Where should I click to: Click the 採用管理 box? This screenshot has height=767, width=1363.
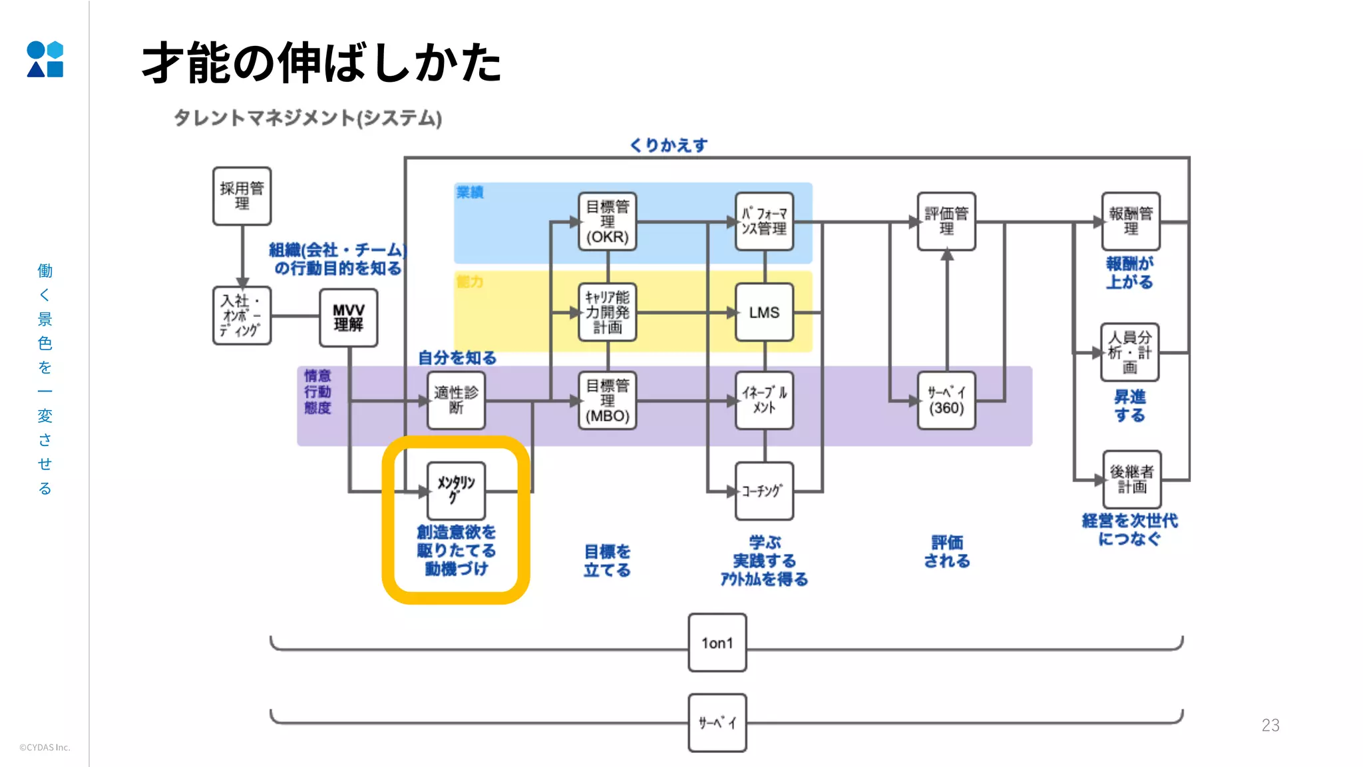click(x=242, y=196)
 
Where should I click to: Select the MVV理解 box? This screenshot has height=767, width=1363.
click(x=348, y=318)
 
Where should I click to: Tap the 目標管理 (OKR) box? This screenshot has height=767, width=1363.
click(x=607, y=222)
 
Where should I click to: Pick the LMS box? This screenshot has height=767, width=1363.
click(x=764, y=312)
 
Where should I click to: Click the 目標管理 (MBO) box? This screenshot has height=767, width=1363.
click(x=607, y=400)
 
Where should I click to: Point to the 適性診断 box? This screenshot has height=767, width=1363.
click(x=456, y=400)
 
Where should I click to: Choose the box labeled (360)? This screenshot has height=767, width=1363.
click(x=946, y=400)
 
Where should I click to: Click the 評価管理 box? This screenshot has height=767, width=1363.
click(x=946, y=222)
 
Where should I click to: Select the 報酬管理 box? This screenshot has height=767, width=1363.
click(x=1131, y=222)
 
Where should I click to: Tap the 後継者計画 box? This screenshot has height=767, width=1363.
click(x=1131, y=479)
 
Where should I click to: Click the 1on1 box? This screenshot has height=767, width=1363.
click(x=717, y=642)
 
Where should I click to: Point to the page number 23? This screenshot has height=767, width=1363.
click(x=1270, y=725)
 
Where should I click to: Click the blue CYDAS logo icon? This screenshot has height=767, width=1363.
click(x=45, y=59)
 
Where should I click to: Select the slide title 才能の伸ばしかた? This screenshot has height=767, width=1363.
click(x=321, y=63)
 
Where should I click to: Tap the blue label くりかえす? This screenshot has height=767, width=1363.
click(x=668, y=145)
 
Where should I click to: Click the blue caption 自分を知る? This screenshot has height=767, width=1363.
click(x=457, y=358)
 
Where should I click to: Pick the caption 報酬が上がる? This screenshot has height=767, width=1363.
click(x=1129, y=273)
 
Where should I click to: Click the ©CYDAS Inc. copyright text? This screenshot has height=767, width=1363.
click(x=45, y=747)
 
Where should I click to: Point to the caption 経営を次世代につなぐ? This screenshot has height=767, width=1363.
click(x=1129, y=530)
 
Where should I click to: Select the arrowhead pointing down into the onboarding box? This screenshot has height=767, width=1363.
click(x=242, y=283)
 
